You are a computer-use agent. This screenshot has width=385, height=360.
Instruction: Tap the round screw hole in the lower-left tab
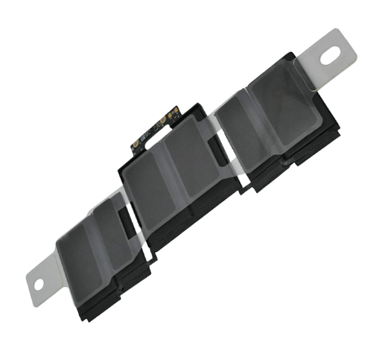coord(39,282)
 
